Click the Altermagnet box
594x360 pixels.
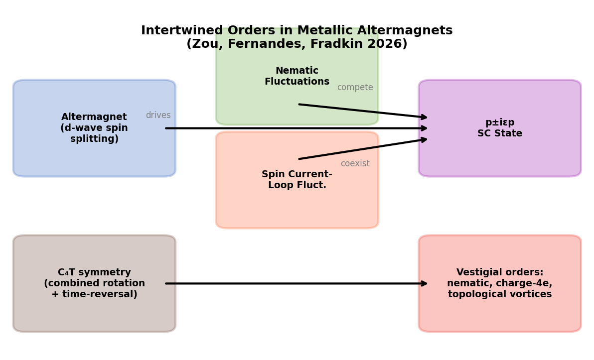click(x=94, y=149)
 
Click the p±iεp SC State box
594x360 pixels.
click(x=500, y=154)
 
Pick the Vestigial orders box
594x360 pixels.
click(x=500, y=314)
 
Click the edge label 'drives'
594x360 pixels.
click(x=158, y=116)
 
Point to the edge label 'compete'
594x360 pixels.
click(x=355, y=88)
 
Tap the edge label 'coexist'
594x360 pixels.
click(x=355, y=164)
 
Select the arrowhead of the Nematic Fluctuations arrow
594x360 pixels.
click(x=424, y=118)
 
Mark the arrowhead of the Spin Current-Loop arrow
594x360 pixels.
click(x=424, y=139)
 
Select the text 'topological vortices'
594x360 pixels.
click(x=500, y=295)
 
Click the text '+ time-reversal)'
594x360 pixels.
click(x=94, y=295)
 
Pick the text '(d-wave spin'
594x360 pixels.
click(x=94, y=128)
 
